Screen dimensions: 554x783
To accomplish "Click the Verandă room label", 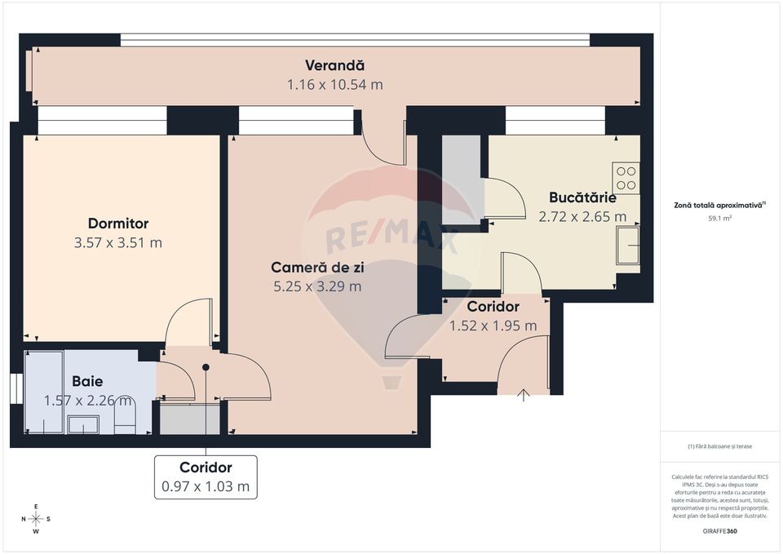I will pos(334,65).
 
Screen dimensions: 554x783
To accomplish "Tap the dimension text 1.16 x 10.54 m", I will pos(334,85).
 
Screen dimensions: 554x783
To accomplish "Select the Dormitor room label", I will pos(118,223).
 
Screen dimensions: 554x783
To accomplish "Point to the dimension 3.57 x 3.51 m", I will pos(118,242).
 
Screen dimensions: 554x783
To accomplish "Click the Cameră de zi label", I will pos(316,267).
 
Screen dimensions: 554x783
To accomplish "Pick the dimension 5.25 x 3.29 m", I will pos(316,286).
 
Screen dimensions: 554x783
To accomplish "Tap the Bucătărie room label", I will pos(582,197).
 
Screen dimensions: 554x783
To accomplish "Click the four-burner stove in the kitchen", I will pos(626,178).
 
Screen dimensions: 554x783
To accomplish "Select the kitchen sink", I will pos(628,246).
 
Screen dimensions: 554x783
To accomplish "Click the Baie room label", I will pos(87,381).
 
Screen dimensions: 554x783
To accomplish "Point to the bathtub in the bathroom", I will pos(44,392).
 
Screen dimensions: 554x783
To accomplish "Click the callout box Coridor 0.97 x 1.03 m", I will pos(206,477).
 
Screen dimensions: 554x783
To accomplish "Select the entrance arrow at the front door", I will pos(524,396).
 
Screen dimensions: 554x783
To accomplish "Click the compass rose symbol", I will pos(36,518).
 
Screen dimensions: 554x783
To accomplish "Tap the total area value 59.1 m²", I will pos(719,219).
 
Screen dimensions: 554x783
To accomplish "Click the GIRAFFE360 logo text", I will pos(719,531).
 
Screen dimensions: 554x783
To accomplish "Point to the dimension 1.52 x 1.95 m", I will pos(493,326).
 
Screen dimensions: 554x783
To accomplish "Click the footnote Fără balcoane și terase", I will pos(719,446).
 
